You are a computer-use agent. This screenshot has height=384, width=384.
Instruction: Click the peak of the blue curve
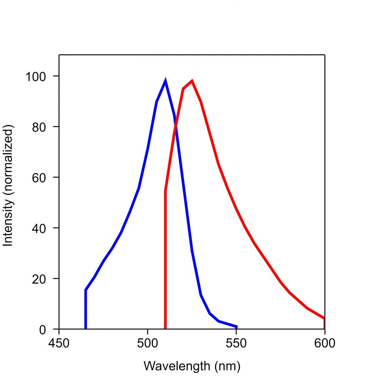tap(165, 81)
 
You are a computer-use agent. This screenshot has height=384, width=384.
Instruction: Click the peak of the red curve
tap(192, 81)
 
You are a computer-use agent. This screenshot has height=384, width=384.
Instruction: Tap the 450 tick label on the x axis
tap(59, 343)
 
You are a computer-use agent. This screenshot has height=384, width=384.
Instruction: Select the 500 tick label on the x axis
tap(147, 343)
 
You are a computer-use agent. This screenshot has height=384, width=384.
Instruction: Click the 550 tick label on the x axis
tap(236, 343)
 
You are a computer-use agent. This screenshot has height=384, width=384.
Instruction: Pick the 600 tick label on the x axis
tap(325, 343)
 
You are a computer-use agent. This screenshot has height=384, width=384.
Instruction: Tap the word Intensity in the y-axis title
tap(8, 224)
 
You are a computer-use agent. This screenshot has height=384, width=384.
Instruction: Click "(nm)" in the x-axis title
tap(228, 366)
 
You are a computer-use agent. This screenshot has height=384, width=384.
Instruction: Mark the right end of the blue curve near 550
tap(236, 327)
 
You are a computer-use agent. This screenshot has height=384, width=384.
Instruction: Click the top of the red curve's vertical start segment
tap(165, 190)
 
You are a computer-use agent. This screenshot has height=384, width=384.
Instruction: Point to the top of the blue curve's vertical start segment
tap(86, 290)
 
